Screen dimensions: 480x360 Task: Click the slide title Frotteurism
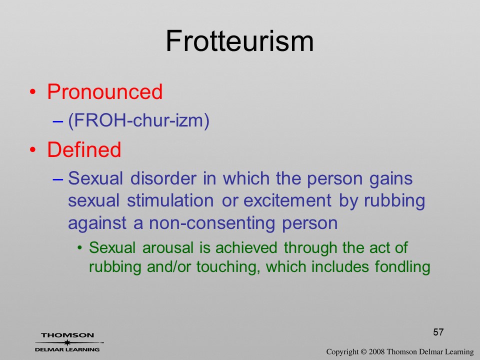[239, 41]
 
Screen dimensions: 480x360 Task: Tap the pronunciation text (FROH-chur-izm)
[138, 120]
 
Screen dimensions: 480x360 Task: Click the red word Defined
[84, 149]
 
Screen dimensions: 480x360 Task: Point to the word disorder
[163, 178]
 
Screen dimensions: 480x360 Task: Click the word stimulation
[170, 201]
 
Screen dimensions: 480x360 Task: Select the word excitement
[287, 201]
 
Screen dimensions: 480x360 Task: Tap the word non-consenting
[212, 223]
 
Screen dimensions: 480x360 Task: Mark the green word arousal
[168, 247]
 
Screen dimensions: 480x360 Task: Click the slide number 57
[438, 332]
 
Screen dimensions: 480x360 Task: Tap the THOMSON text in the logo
[67, 335]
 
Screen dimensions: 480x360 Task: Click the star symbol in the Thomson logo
[67, 342]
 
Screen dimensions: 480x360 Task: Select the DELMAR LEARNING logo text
[67, 349]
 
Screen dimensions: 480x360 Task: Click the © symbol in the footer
[363, 352]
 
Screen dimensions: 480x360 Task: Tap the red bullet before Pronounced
[33, 92]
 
